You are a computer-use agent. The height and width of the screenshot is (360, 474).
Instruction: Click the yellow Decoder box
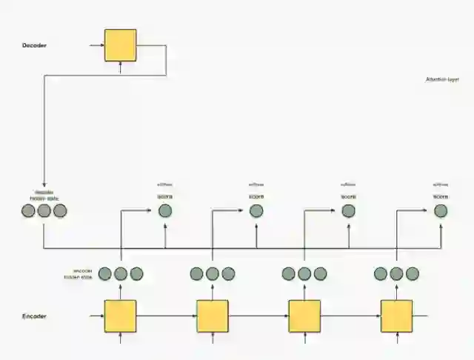point(120,45)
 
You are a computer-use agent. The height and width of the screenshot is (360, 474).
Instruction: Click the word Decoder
point(35,45)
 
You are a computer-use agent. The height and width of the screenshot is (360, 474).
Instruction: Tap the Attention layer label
point(442,79)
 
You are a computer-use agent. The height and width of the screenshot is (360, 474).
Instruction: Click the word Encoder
point(35,316)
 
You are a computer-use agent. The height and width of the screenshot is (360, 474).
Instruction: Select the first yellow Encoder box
point(120,316)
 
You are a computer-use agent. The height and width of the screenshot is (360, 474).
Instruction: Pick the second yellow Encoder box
point(213,316)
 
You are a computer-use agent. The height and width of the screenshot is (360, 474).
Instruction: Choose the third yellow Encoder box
point(304,316)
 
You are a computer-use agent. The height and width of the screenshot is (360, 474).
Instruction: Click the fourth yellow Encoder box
point(396,316)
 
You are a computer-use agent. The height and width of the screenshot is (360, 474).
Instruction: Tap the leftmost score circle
point(164,211)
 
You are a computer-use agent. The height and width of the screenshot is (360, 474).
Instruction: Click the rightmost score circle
point(441,211)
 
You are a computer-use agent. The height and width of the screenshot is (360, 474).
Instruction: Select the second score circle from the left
point(256,211)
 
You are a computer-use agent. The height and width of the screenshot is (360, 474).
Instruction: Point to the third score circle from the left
point(349,211)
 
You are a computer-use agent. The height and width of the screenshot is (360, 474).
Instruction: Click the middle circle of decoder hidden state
point(44,211)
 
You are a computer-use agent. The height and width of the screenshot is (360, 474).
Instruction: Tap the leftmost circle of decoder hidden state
point(28,211)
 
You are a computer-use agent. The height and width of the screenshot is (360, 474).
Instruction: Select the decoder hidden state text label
point(44,196)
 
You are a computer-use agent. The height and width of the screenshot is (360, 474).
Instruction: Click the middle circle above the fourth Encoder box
point(396,274)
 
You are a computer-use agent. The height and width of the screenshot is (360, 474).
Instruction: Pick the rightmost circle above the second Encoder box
point(228,274)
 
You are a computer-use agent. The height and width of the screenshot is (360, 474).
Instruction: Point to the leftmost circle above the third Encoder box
point(289,274)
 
